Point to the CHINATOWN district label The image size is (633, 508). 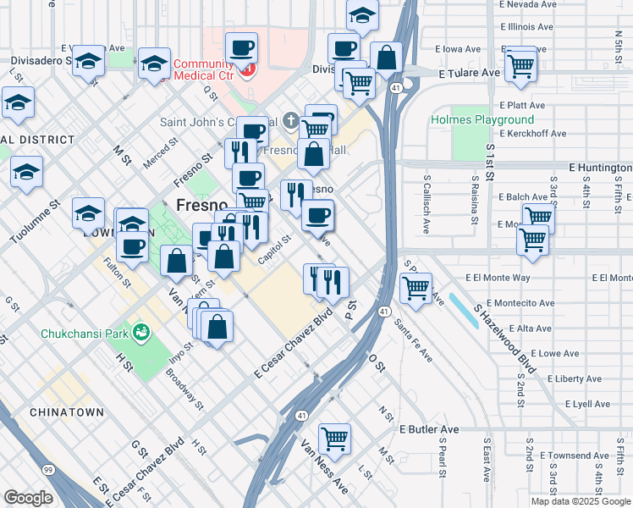66,412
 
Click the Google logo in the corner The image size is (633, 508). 28,498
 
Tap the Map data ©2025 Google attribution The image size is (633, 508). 581,501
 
